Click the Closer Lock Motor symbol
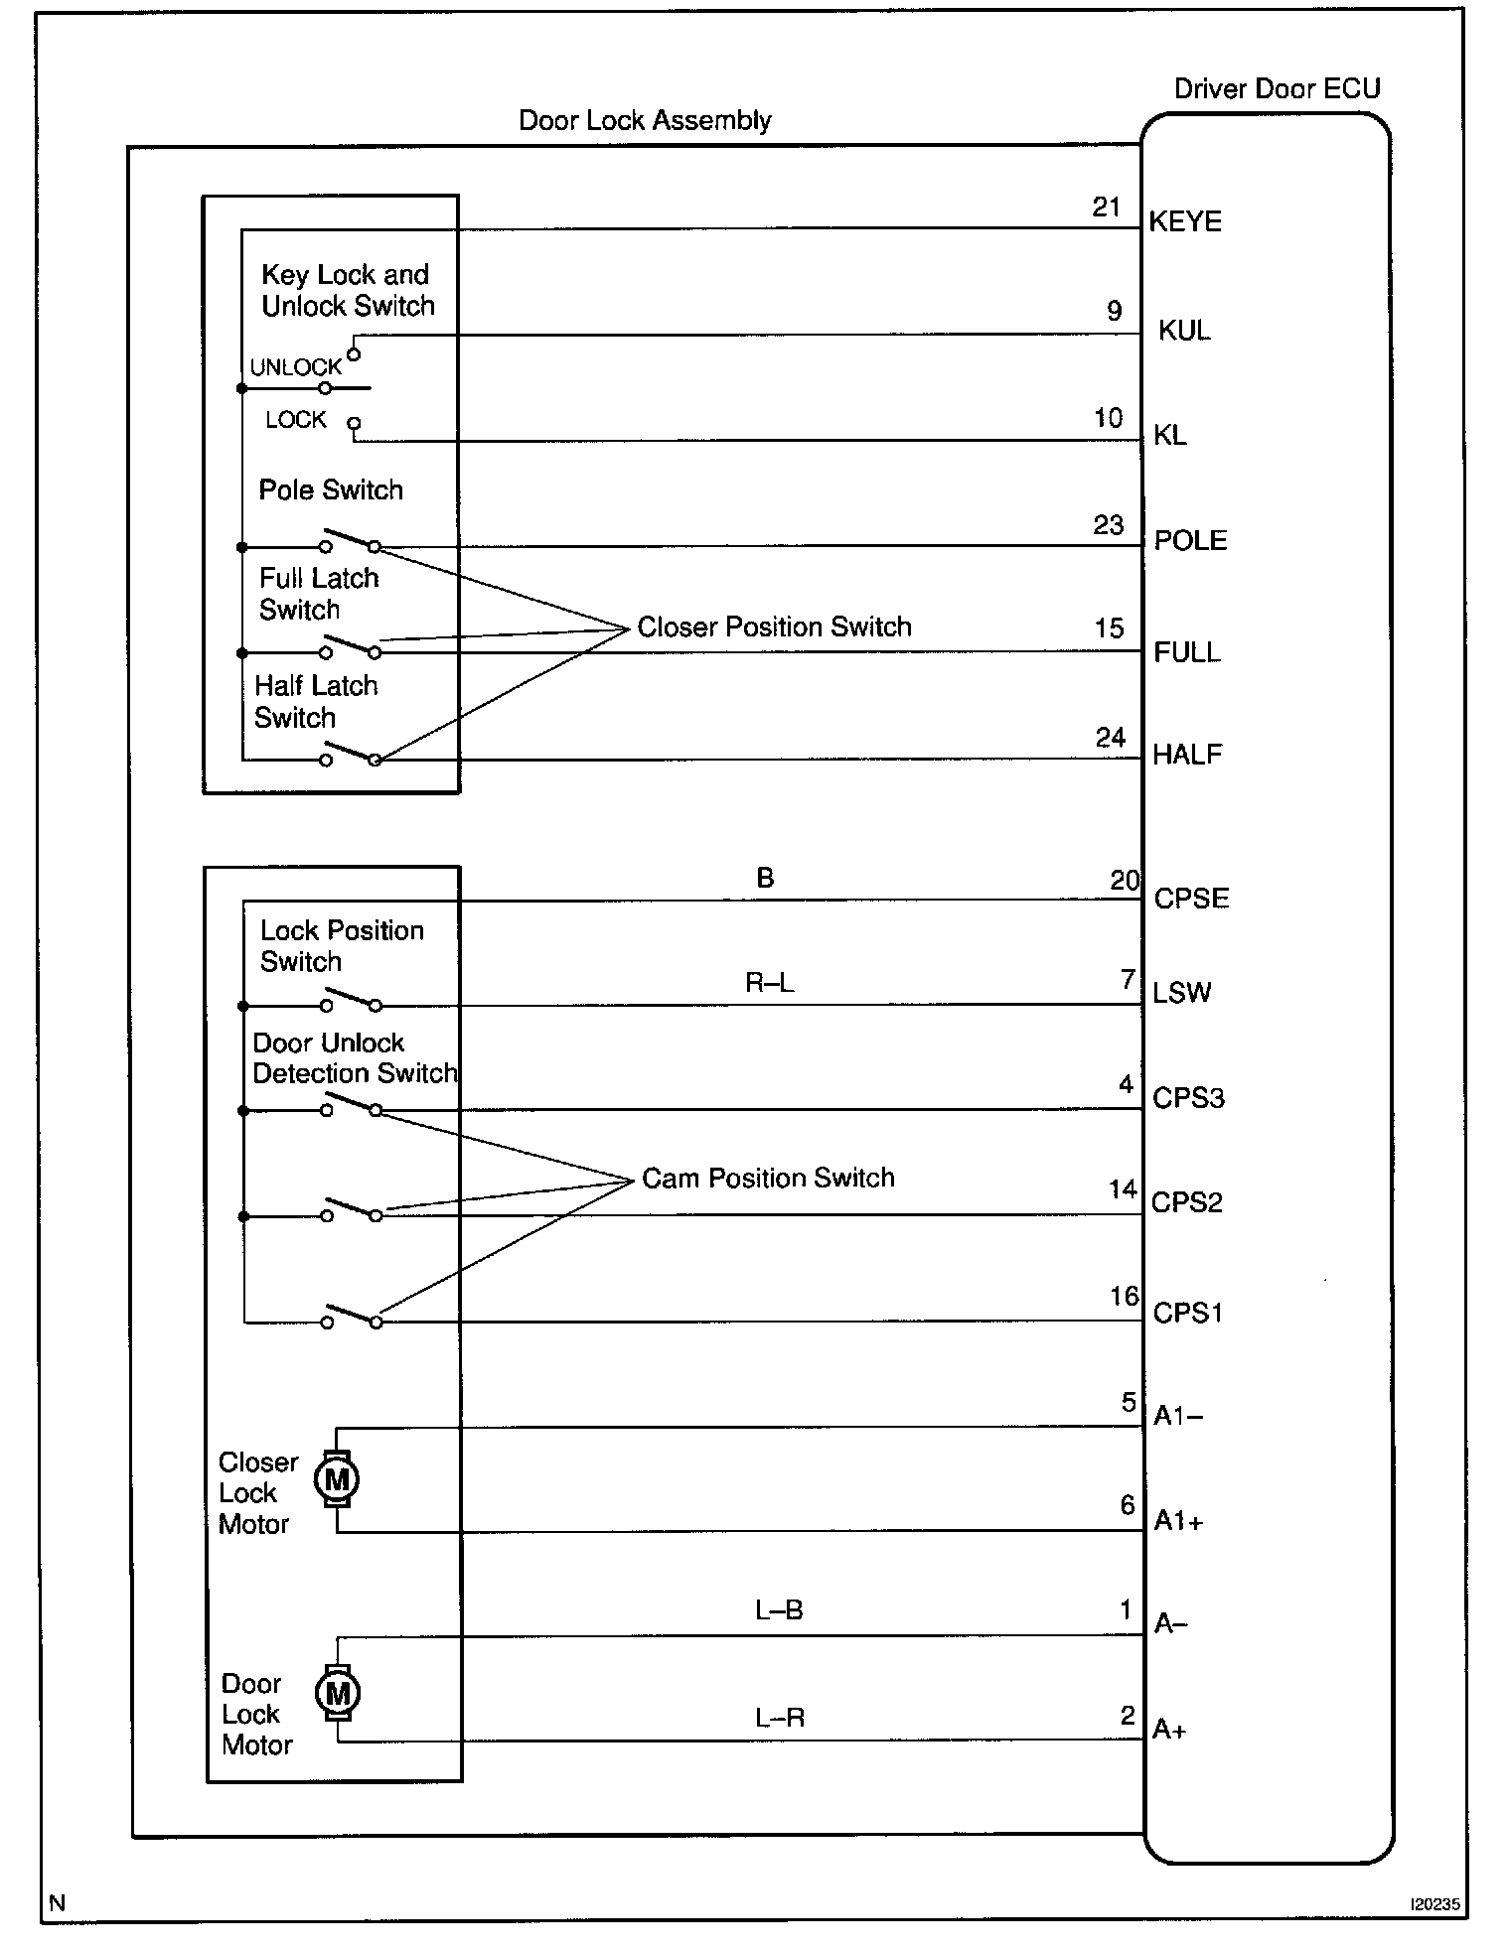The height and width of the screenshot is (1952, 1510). pos(337,1479)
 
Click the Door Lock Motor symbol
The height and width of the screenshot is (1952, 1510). pos(337,1692)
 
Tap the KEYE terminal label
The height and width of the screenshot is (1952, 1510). pos(1185,221)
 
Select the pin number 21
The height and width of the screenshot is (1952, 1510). pos(1107,207)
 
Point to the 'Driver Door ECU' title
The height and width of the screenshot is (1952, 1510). pos(1277,89)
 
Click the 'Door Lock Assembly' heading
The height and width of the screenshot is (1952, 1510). pos(645,121)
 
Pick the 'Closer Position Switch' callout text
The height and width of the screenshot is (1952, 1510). pos(774,627)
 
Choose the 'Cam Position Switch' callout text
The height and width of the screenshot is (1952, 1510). pos(768,1178)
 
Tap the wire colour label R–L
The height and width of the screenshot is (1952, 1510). pos(770,983)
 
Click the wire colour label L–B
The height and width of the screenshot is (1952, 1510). pos(779,1610)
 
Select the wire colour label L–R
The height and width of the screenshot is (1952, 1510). pos(780,1718)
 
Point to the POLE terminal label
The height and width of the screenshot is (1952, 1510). pos(1190,541)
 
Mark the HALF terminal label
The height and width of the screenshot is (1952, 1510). pos(1187,755)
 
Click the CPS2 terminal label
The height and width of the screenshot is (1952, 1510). pos(1187,1202)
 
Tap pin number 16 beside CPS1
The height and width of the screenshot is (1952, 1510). pos(1125,1297)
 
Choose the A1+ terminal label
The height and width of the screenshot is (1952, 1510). pos(1178,1521)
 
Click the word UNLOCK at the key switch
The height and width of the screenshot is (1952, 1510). pos(295,367)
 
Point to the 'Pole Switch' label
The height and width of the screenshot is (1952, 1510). pos(331,489)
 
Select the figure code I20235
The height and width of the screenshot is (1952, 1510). pos(1434,1904)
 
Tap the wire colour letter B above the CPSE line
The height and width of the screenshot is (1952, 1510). pos(765,878)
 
